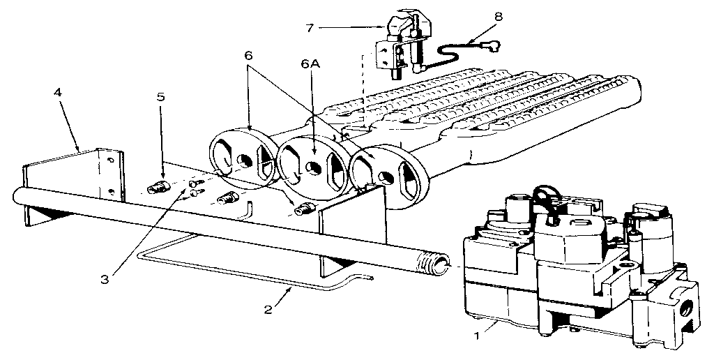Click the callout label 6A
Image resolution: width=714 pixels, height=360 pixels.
pyautogui.click(x=312, y=64)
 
